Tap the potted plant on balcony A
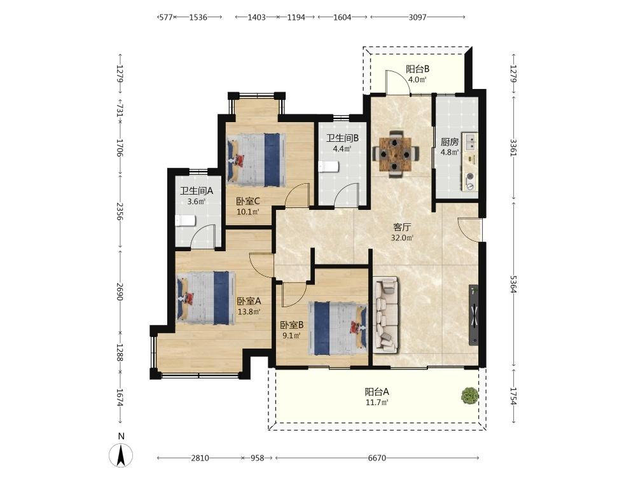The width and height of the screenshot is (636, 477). click(x=470, y=396)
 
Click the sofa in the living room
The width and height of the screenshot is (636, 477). click(x=386, y=314)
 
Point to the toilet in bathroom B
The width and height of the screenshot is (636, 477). click(x=328, y=166)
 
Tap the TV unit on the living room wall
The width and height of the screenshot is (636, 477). click(x=473, y=315)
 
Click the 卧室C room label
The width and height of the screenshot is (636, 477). click(x=248, y=201)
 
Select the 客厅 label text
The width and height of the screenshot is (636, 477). click(x=402, y=227)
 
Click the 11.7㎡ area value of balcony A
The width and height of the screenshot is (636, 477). click(x=377, y=403)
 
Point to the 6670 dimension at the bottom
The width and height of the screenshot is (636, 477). click(x=377, y=458)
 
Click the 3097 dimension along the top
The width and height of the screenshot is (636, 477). click(x=417, y=17)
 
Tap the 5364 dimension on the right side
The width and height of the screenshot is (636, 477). click(x=513, y=284)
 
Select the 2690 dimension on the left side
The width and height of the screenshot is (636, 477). click(x=120, y=291)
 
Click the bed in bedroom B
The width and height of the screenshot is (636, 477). click(x=338, y=328)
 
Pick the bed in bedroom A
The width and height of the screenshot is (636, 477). click(x=206, y=298)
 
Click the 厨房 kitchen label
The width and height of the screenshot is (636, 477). click(x=450, y=142)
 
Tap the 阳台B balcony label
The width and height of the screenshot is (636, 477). click(x=417, y=69)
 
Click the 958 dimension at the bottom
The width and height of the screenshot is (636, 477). click(x=257, y=458)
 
